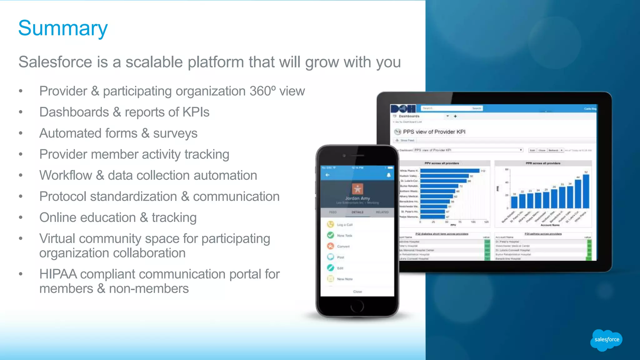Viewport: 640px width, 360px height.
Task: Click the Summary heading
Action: pyautogui.click(x=63, y=28)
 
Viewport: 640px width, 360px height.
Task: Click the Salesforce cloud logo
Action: pyautogui.click(x=606, y=340)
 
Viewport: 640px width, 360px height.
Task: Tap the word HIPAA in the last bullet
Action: pyautogui.click(x=58, y=274)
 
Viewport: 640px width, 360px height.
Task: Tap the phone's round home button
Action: pyautogui.click(x=357, y=306)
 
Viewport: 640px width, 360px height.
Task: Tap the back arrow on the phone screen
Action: pyautogui.click(x=327, y=175)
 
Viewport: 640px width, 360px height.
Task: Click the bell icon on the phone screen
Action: pyautogui.click(x=389, y=175)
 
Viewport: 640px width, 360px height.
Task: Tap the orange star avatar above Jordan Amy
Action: pyautogui.click(x=357, y=189)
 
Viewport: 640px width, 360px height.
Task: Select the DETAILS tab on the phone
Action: pyautogui.click(x=357, y=212)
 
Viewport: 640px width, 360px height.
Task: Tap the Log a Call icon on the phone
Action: pyautogui.click(x=331, y=224)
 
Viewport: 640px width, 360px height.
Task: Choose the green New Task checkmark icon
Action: pyautogui.click(x=331, y=235)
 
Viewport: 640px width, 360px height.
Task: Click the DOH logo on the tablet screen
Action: pyautogui.click(x=403, y=109)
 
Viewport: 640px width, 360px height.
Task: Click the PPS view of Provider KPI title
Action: pyautogui.click(x=434, y=132)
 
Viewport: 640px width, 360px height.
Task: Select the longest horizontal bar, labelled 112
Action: pyautogui.click(x=449, y=171)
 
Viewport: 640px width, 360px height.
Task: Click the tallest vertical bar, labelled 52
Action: pyautogui.click(x=586, y=191)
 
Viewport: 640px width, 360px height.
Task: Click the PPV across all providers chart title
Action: pyautogui.click(x=442, y=163)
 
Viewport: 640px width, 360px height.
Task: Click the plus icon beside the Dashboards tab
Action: pyautogui.click(x=455, y=116)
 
